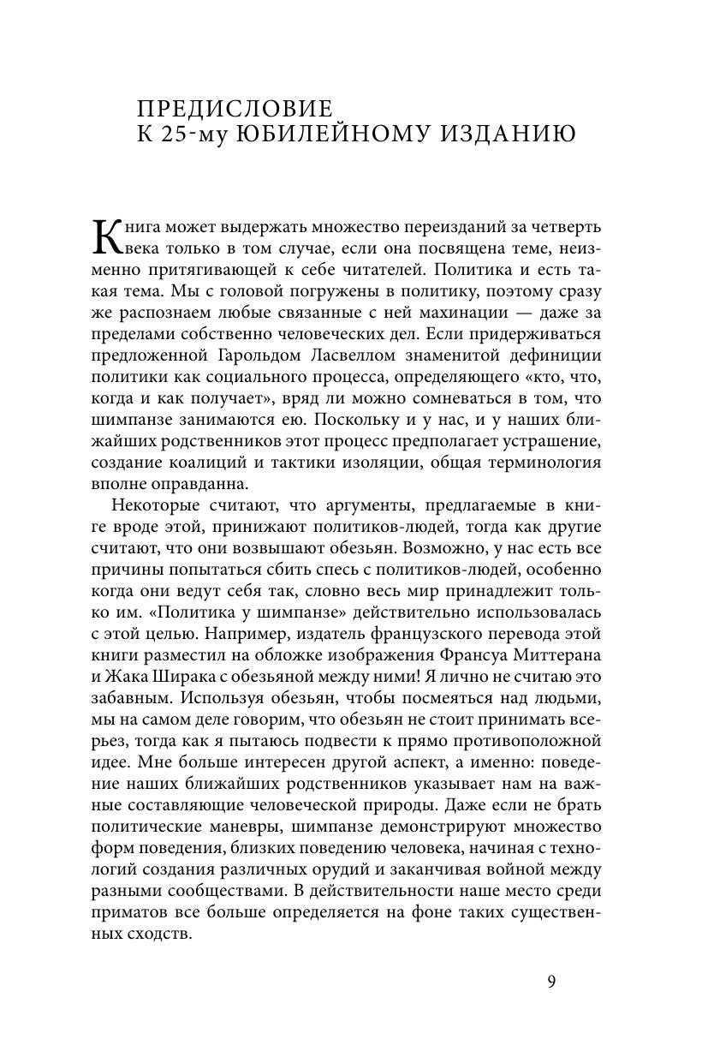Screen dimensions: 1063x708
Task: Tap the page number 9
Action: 551,981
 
